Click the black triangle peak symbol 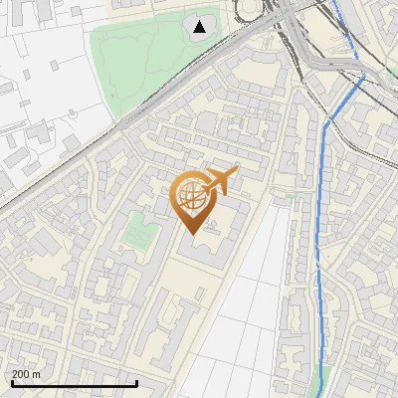click(x=201, y=27)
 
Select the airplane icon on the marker click(x=220, y=180)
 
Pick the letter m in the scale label click(x=37, y=374)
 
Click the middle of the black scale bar click(x=74, y=383)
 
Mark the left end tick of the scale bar click(x=11, y=383)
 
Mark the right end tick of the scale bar click(x=136, y=383)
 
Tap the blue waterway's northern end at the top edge click(x=332, y=3)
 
